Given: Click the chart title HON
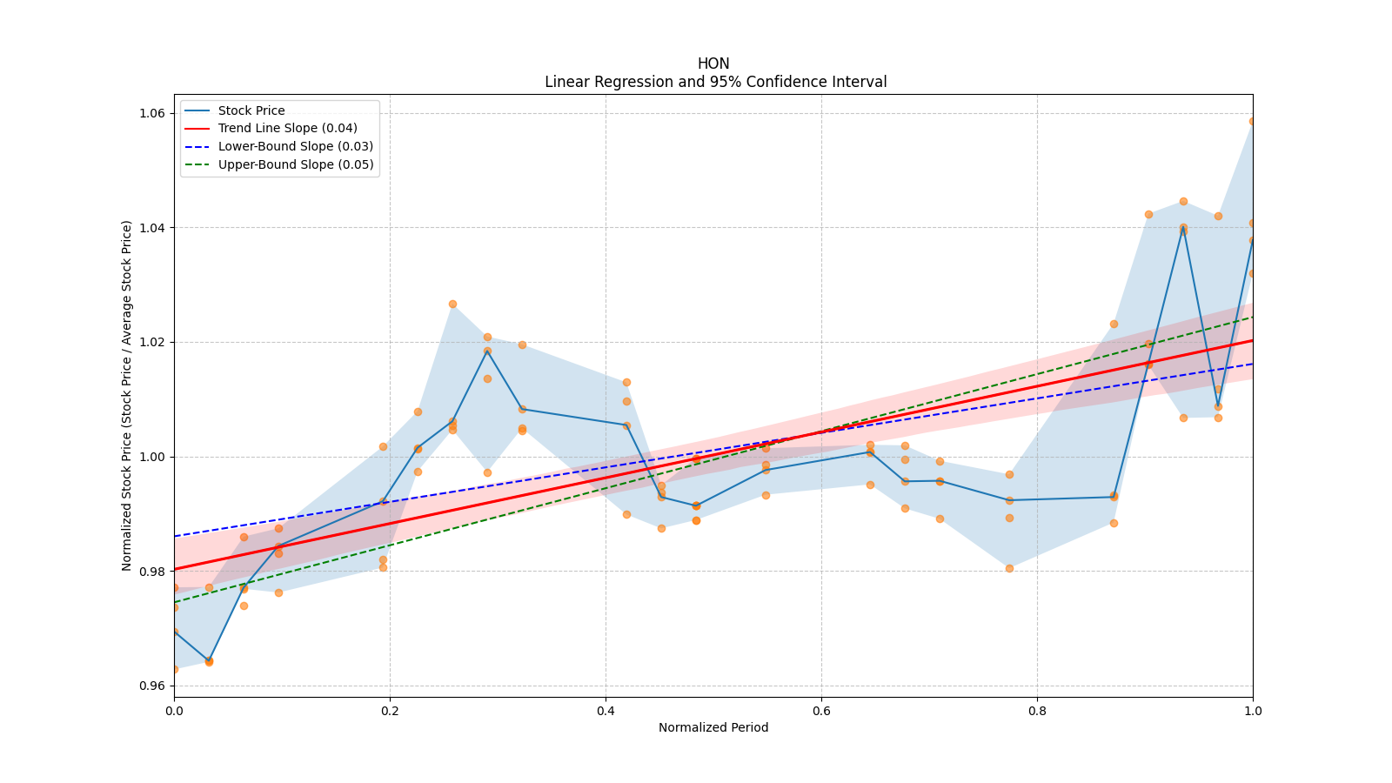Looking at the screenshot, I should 713,64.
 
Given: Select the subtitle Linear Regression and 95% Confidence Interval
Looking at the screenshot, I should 715,82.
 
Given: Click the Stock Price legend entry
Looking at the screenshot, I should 251,110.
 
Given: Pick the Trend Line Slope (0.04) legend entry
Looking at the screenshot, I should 287,128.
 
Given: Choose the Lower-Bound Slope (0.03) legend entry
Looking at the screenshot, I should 295,146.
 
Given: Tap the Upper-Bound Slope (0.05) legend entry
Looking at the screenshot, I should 296,164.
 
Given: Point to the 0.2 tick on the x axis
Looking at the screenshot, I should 390,711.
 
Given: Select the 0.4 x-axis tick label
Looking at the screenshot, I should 606,711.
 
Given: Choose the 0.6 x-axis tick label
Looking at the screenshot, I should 821,711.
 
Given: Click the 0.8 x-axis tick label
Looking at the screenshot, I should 1037,711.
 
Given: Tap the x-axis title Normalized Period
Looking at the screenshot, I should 713,727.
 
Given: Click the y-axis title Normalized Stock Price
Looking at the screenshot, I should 127,396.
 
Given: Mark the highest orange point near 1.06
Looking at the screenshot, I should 1252,121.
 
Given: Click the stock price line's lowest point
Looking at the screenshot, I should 209,660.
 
